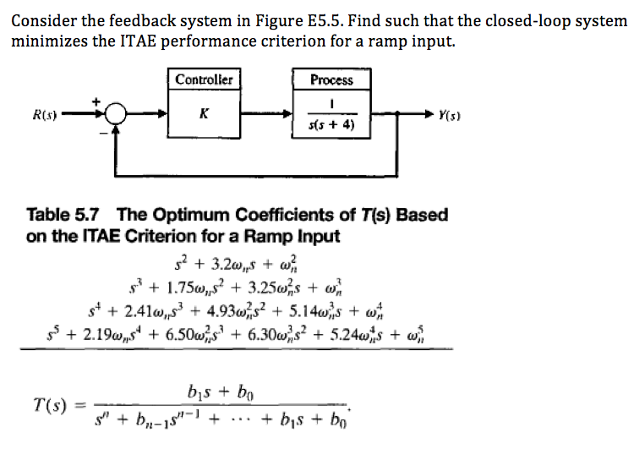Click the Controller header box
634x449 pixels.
pos(204,79)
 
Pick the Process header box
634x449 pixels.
pos(331,79)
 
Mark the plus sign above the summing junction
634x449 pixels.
pos(96,101)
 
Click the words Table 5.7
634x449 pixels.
pos(63,215)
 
